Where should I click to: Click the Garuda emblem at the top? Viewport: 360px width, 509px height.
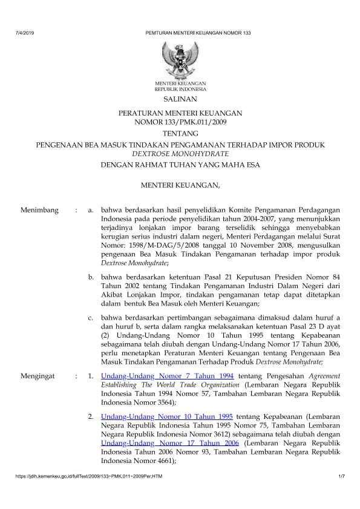180,57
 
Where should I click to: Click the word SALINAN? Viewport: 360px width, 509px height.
180,99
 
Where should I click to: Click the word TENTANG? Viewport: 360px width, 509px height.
180,133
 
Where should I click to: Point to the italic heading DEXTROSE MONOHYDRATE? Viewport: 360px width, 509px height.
180,154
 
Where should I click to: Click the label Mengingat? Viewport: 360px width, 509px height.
38,376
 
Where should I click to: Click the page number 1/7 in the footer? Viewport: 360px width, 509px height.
341,479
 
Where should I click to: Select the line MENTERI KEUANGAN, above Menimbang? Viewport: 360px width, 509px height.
180,184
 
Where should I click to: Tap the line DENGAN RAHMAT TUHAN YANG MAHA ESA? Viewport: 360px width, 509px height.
180,165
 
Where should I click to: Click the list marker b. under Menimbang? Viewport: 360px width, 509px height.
91,277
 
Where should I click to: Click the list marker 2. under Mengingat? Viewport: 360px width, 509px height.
91,416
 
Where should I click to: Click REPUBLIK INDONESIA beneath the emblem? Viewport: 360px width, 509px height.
180,88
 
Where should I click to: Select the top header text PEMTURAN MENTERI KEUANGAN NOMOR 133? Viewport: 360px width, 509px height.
198,32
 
